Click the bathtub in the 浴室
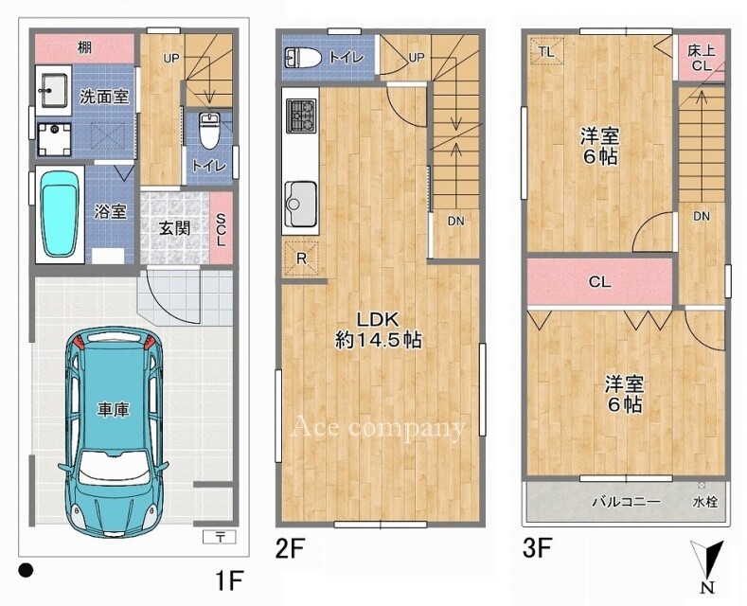tap(60, 214)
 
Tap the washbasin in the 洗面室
tap(53, 91)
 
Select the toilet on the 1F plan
tap(207, 130)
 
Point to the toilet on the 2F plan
tap(303, 58)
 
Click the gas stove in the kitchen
tap(301, 116)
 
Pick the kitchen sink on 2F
tap(300, 205)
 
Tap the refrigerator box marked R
tap(301, 258)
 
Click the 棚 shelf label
tap(85, 47)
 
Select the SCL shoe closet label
tap(221, 229)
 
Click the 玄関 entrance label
tap(174, 229)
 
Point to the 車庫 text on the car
tap(113, 410)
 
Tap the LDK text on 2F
tap(379, 319)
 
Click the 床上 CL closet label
tap(701, 58)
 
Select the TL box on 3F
tap(547, 51)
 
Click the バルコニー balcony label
tap(627, 502)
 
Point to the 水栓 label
tap(705, 502)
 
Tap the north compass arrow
tap(708, 561)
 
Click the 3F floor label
tap(538, 548)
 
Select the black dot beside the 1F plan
tap(26, 570)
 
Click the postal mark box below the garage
tap(220, 537)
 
